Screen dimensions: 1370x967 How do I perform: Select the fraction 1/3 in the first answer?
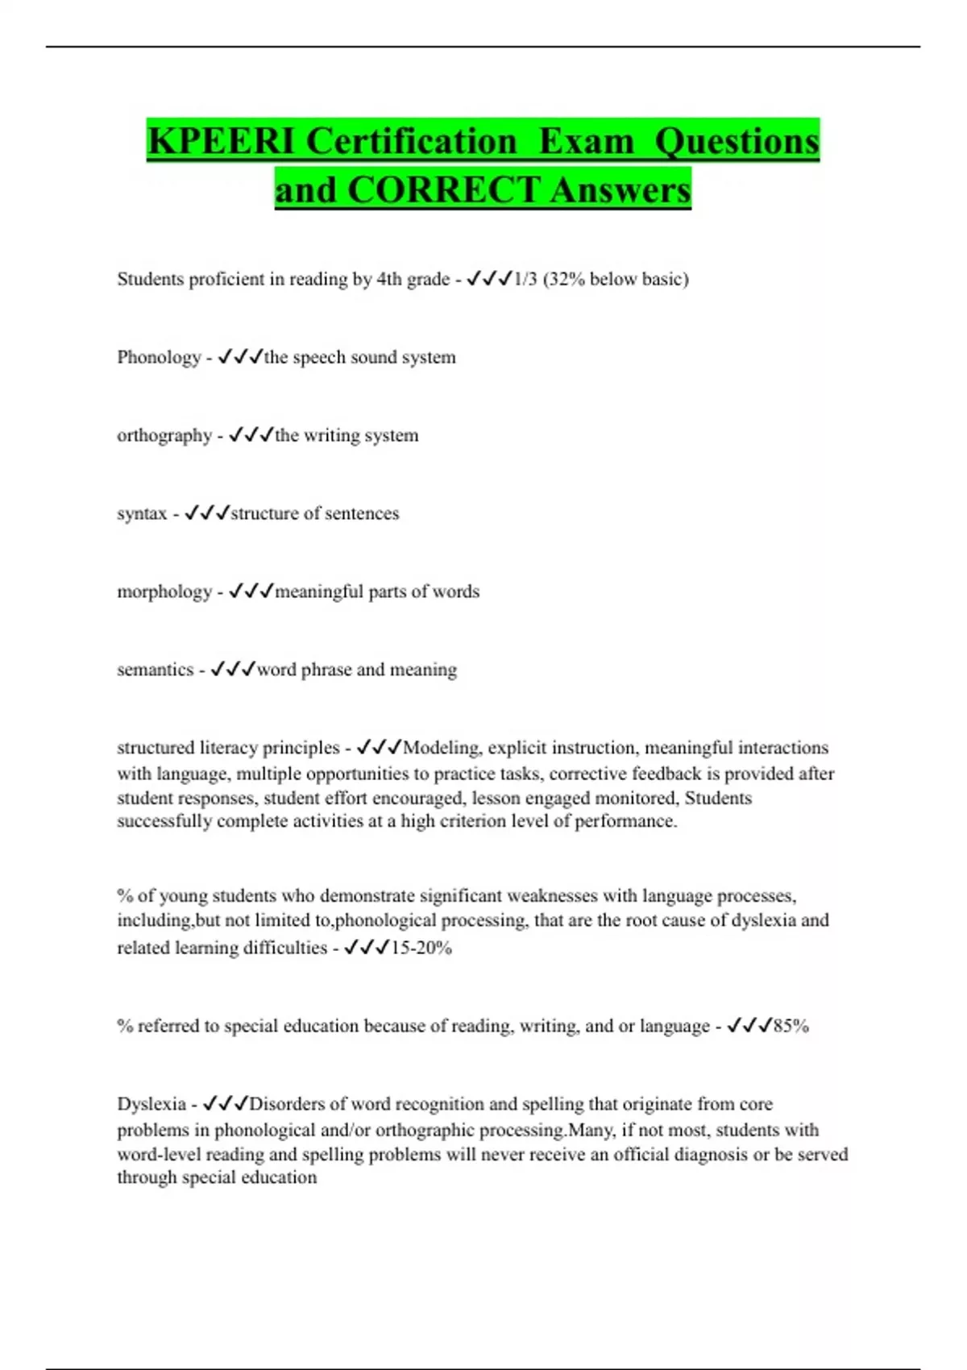click(x=525, y=279)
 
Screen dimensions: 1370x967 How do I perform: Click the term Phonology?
click(x=159, y=357)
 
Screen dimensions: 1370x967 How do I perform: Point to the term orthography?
click(x=164, y=435)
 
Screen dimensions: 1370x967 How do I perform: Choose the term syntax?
click(x=142, y=513)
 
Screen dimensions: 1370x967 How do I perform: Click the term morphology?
click(x=164, y=592)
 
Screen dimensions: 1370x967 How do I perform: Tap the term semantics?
click(x=156, y=670)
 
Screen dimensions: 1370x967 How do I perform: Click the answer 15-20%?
click(x=421, y=948)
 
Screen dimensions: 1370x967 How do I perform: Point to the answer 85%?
click(x=791, y=1026)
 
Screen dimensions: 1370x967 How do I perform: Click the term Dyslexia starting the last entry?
click(x=151, y=1104)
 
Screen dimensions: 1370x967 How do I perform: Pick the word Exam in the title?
click(x=586, y=141)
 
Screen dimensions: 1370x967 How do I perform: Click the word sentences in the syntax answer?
click(x=360, y=513)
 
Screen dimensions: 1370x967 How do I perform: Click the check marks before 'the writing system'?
click(x=251, y=435)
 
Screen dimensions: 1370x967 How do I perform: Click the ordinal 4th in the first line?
click(x=389, y=279)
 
